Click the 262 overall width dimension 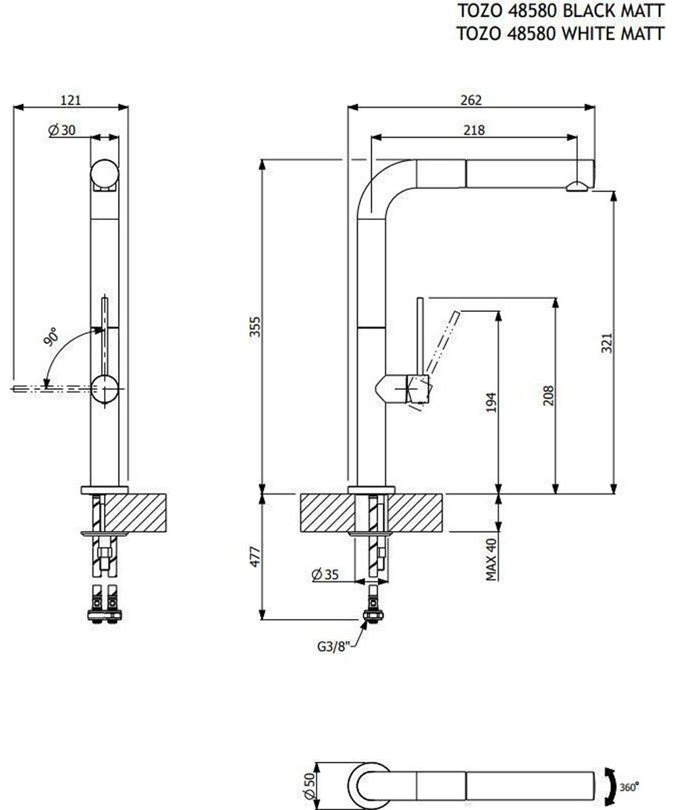471,100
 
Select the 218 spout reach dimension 474,130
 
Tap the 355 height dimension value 255,327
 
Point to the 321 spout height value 606,342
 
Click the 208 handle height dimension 548,396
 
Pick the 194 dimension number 491,402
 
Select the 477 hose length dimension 255,556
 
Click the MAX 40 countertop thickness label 491,559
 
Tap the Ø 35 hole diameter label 325,574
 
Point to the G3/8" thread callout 334,647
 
